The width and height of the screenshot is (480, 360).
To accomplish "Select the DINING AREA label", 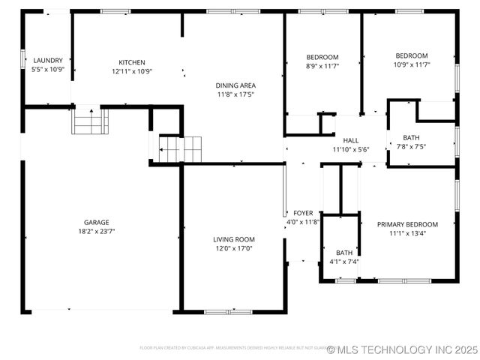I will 236,85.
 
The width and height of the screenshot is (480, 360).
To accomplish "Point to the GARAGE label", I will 96,222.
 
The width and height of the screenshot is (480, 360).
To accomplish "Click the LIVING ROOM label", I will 234,239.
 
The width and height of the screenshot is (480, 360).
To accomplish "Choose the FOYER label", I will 303,213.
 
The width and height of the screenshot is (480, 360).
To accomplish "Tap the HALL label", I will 351,140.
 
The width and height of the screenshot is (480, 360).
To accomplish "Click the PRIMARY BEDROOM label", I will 407,224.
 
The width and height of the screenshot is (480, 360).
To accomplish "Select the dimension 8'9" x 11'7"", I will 322,66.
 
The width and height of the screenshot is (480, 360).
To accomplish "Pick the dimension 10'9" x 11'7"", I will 411,65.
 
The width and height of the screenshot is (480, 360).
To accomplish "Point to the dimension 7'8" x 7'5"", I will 411,146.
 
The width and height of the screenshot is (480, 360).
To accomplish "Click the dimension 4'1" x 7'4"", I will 343,262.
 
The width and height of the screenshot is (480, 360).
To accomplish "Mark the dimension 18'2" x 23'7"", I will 96,231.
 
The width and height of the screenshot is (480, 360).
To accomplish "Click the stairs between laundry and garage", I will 90,121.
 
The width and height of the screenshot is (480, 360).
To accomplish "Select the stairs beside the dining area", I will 181,148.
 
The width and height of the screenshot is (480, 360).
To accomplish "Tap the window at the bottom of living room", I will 223,310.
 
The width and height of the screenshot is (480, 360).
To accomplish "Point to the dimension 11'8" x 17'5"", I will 236,94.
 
